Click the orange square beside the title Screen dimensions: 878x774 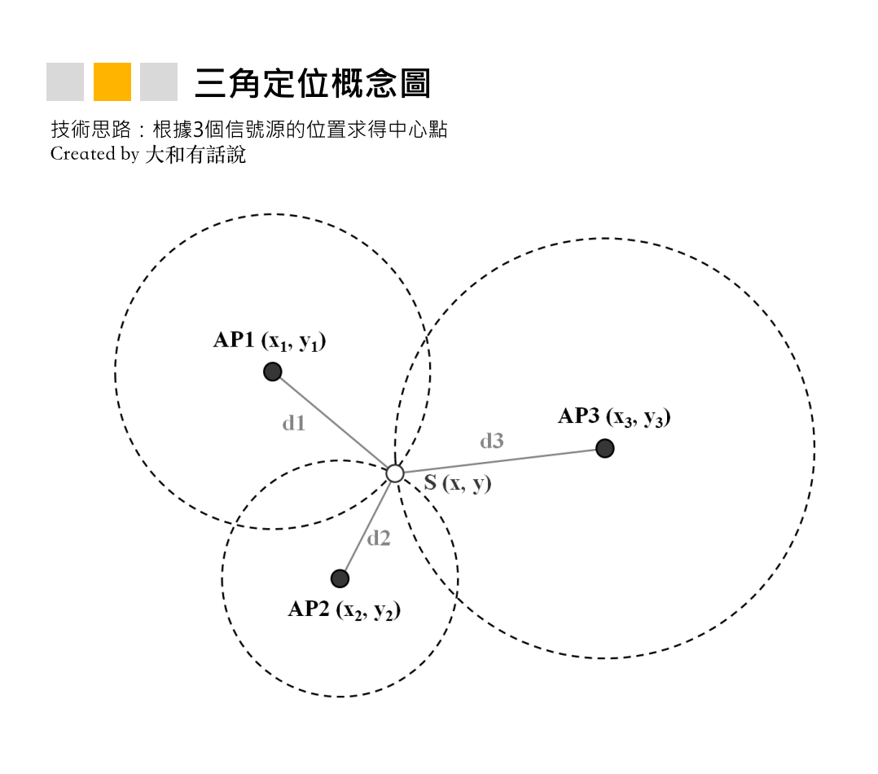(112, 81)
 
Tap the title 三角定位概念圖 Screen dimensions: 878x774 (313, 83)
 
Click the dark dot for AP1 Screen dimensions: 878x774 (273, 372)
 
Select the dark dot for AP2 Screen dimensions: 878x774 (340, 578)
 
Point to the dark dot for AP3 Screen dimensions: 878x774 (604, 448)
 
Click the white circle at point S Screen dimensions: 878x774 (395, 473)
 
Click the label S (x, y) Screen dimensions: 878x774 (458, 482)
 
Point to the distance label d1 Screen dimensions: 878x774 (294, 423)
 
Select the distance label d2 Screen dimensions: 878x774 (379, 538)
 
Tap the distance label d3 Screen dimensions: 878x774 (492, 441)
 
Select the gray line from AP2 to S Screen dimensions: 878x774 (368, 525)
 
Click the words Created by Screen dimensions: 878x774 (94, 154)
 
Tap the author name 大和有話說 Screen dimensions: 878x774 (195, 155)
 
